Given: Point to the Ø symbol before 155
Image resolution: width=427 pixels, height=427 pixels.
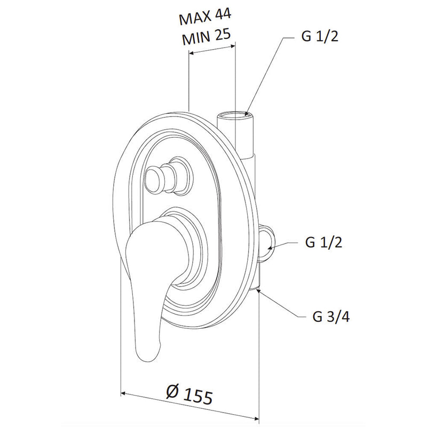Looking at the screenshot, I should [x=172, y=392].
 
